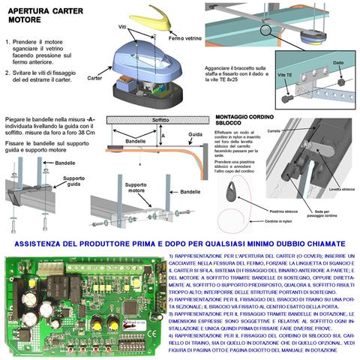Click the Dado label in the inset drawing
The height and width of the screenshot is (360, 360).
[x=337, y=64]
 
